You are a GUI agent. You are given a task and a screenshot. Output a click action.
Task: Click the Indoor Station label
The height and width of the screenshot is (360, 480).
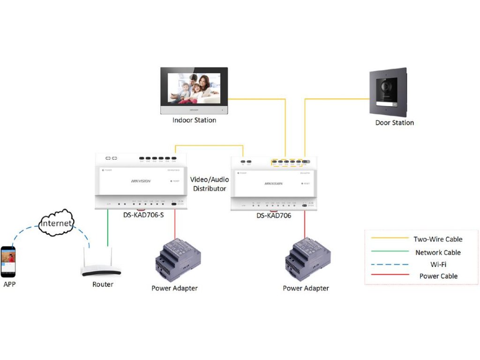pyautogui.click(x=194, y=120)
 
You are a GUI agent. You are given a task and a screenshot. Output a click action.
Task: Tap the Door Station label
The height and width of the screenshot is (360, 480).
pyautogui.click(x=395, y=123)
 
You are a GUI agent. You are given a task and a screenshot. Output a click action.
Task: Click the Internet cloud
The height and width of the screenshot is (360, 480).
pyautogui.click(x=56, y=223)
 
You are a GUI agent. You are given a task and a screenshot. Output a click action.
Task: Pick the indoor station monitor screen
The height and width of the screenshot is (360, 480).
pyautogui.click(x=194, y=87)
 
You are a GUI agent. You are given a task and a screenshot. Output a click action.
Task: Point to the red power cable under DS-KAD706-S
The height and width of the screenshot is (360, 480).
pyautogui.click(x=175, y=224)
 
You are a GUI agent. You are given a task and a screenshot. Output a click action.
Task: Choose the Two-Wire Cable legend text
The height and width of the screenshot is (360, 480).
pyautogui.click(x=438, y=240)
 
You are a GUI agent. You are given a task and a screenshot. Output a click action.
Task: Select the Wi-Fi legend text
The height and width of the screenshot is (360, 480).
pyautogui.click(x=438, y=264)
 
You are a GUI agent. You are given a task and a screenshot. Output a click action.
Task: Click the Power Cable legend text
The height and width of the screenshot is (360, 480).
pyautogui.click(x=438, y=276)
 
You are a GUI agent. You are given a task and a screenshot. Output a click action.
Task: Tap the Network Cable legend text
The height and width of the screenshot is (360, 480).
pyautogui.click(x=438, y=252)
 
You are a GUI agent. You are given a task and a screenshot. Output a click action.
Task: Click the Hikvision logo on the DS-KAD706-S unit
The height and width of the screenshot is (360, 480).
pyautogui.click(x=141, y=181)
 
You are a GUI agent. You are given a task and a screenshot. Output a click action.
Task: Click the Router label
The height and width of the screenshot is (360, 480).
pyautogui.click(x=103, y=285)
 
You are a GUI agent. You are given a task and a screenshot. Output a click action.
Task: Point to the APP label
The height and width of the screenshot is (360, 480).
pyautogui.click(x=10, y=284)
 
